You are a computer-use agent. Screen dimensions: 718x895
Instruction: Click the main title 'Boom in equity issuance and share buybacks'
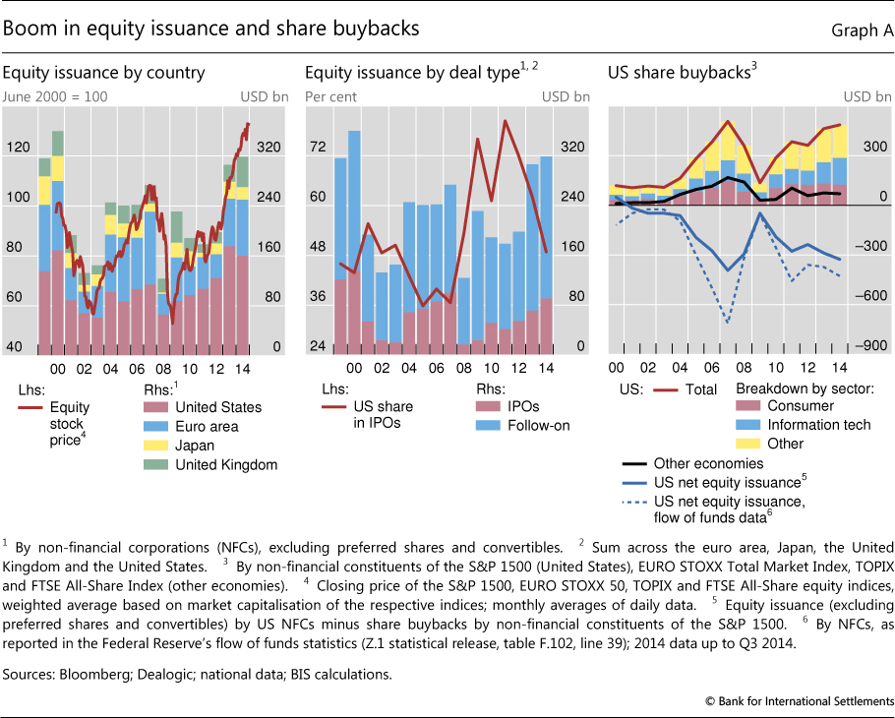point(211,29)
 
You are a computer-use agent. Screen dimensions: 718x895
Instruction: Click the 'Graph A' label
point(862,30)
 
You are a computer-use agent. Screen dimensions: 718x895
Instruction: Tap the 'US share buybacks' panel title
point(680,71)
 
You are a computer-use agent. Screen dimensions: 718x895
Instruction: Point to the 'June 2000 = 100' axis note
point(55,96)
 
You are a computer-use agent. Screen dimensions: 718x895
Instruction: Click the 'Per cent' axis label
point(330,96)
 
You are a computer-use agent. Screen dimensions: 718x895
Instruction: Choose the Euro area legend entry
point(203,426)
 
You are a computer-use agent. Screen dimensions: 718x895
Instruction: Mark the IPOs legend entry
point(511,406)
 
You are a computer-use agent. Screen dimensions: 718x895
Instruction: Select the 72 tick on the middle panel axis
point(319,147)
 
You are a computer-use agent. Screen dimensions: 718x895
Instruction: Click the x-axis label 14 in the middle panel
point(544,367)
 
